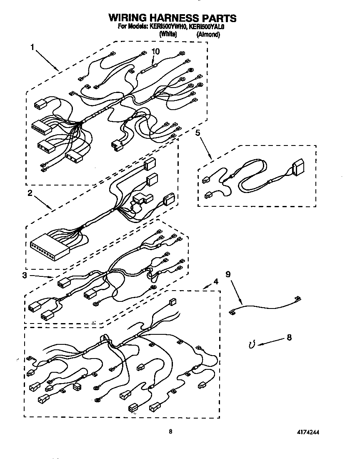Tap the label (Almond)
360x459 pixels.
coord(208,35)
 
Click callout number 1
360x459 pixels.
coord(32,48)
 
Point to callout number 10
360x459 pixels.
coord(155,51)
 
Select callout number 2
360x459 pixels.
coord(30,193)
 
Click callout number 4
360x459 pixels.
coord(215,281)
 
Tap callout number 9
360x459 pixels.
coord(227,274)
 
